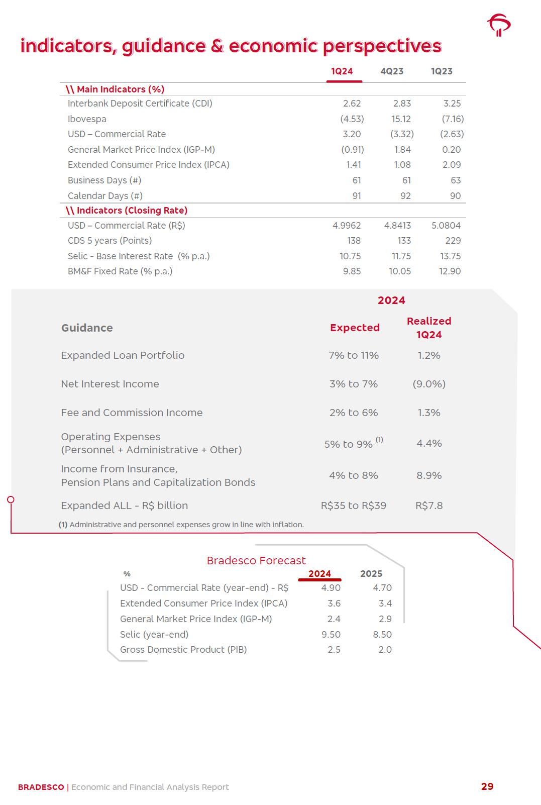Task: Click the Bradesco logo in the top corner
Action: coord(498,25)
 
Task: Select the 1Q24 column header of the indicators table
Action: coord(342,71)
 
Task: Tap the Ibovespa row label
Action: coord(87,119)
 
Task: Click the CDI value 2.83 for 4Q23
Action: coord(402,104)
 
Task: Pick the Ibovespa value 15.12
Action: coord(401,119)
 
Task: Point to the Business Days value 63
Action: coord(455,180)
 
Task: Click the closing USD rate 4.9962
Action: coord(347,226)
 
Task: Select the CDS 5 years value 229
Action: coord(453,241)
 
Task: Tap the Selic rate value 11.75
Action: coord(401,256)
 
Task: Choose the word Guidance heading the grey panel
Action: coord(87,328)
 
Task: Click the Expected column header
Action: coord(355,328)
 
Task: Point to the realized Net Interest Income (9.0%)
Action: coord(429,384)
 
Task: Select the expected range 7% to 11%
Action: coord(354,355)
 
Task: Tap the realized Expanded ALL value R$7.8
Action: coord(429,506)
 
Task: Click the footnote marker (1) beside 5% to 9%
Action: coord(379,440)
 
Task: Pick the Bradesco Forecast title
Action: coord(256,560)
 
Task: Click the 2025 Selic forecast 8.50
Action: coord(382,635)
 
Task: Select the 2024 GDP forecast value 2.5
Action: coord(334,650)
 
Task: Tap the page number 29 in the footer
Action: coord(487,786)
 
